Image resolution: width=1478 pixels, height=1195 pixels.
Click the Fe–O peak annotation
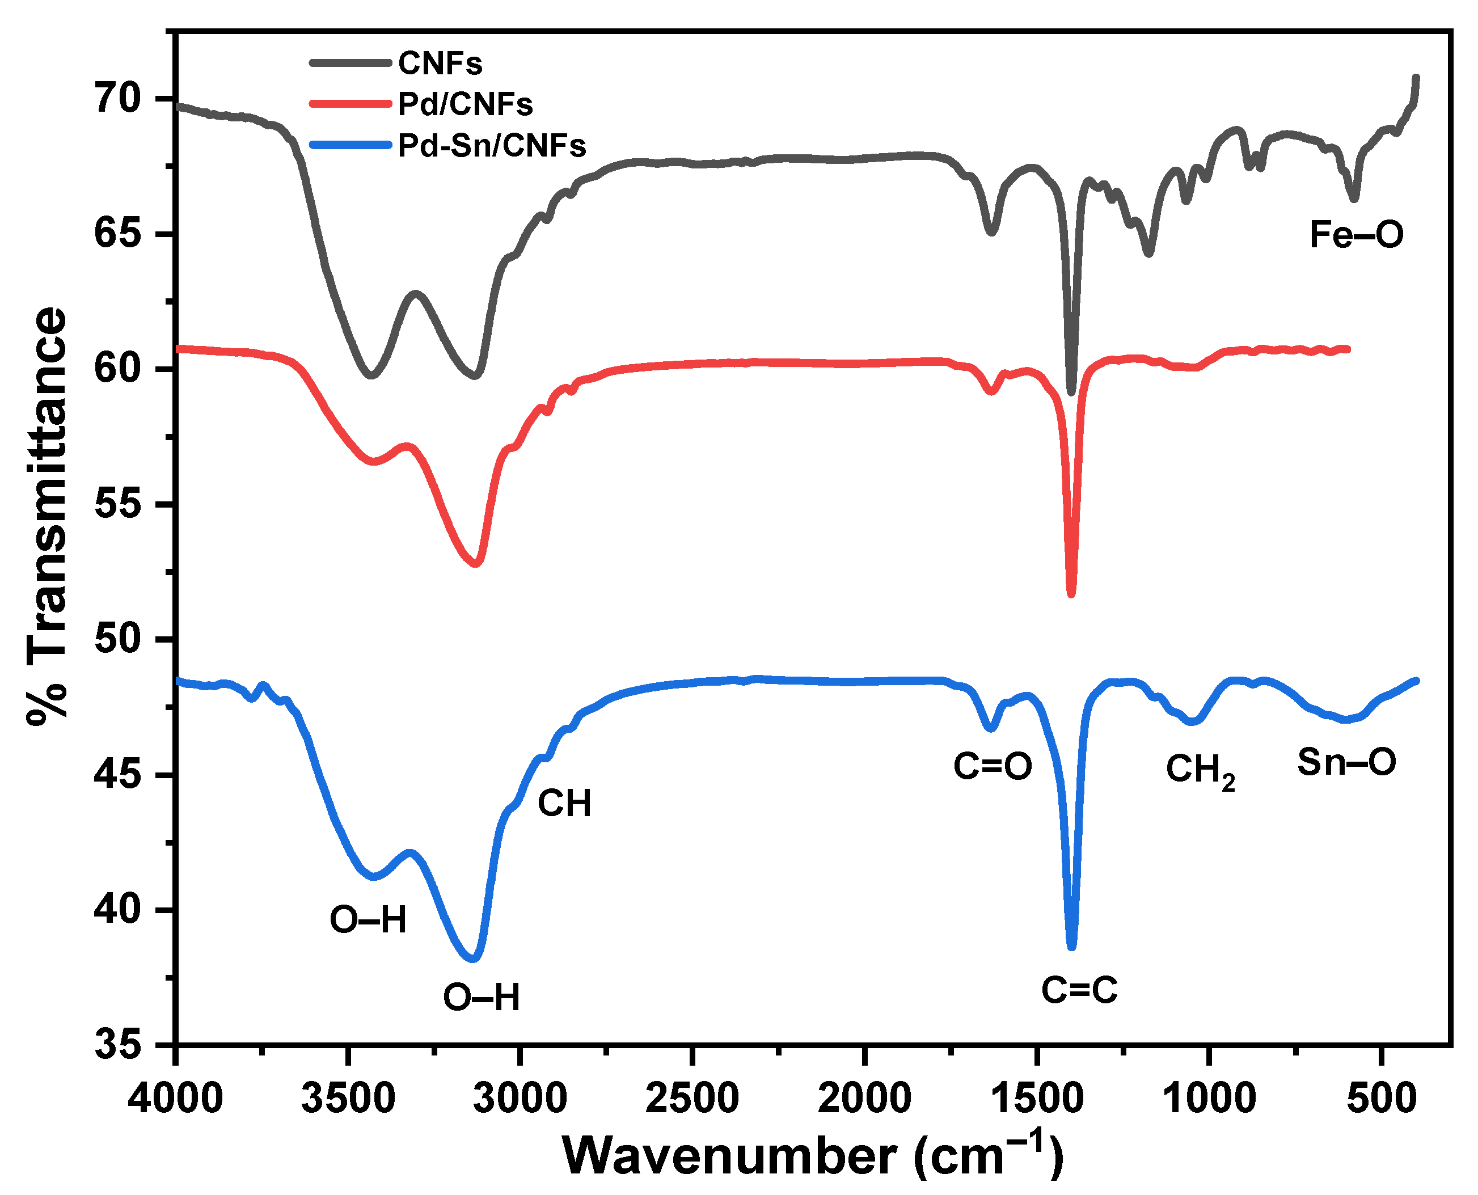[1355, 235]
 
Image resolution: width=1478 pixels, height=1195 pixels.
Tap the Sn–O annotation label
[1346, 762]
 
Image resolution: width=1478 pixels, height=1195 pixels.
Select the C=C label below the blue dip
[1079, 990]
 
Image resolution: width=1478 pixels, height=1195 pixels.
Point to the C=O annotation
[992, 766]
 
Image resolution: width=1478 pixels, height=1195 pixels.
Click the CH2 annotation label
[1200, 770]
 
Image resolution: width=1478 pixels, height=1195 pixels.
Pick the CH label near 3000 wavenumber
[564, 803]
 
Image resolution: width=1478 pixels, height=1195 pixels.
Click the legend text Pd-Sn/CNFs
[492, 146]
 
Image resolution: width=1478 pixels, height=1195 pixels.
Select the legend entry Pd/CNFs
[466, 104]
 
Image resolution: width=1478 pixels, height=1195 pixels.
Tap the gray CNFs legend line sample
[351, 62]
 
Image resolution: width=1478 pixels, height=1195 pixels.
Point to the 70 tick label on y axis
[118, 99]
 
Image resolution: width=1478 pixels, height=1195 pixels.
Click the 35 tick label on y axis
[118, 1045]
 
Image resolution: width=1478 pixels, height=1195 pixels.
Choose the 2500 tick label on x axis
[692, 1098]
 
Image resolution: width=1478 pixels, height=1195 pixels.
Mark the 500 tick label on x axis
[1381, 1098]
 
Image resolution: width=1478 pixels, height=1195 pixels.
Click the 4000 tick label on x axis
[176, 1098]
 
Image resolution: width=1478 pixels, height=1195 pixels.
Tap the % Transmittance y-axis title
[47, 516]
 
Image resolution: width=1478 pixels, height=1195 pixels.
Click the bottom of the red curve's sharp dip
[1070, 593]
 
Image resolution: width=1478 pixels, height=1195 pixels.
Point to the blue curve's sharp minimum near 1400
[1071, 947]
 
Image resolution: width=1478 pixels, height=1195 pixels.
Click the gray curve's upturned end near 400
[1416, 79]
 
